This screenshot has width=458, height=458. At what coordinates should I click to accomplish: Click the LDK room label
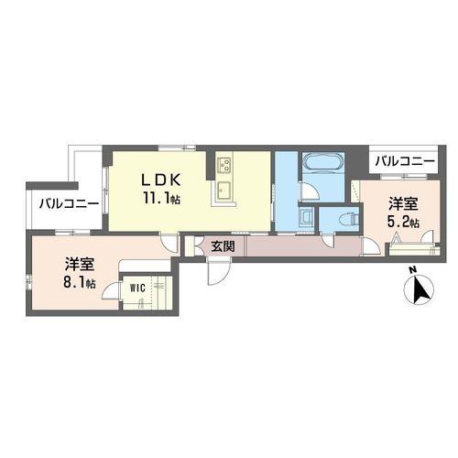point(160,180)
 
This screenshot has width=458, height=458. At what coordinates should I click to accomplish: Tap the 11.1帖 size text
point(161,199)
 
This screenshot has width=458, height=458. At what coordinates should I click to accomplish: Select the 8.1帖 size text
point(80,283)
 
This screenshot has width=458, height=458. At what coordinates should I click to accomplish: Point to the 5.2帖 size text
point(403,222)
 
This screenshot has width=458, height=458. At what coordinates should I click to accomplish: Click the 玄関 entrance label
point(224,246)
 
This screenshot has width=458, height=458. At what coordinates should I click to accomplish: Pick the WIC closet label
point(137,288)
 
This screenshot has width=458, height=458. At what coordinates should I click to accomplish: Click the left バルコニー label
point(69,203)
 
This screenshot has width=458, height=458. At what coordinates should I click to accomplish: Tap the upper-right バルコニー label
point(405,161)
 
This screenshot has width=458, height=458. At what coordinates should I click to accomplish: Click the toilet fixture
point(351,219)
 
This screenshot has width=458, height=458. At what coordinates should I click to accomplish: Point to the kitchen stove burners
point(224,165)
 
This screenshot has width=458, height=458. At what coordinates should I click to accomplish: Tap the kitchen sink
point(224,190)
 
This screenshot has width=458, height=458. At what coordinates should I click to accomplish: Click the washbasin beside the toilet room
point(306,215)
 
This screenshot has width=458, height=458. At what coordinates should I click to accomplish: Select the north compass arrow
point(421,289)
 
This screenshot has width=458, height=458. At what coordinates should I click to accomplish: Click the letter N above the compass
point(413,269)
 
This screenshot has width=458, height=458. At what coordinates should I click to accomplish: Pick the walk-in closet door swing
point(111,290)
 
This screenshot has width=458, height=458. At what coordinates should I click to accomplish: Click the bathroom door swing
point(309,191)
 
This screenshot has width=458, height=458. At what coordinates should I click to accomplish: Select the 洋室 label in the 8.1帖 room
point(79,265)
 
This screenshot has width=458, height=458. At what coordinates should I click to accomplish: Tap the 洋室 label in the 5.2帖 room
point(403,203)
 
